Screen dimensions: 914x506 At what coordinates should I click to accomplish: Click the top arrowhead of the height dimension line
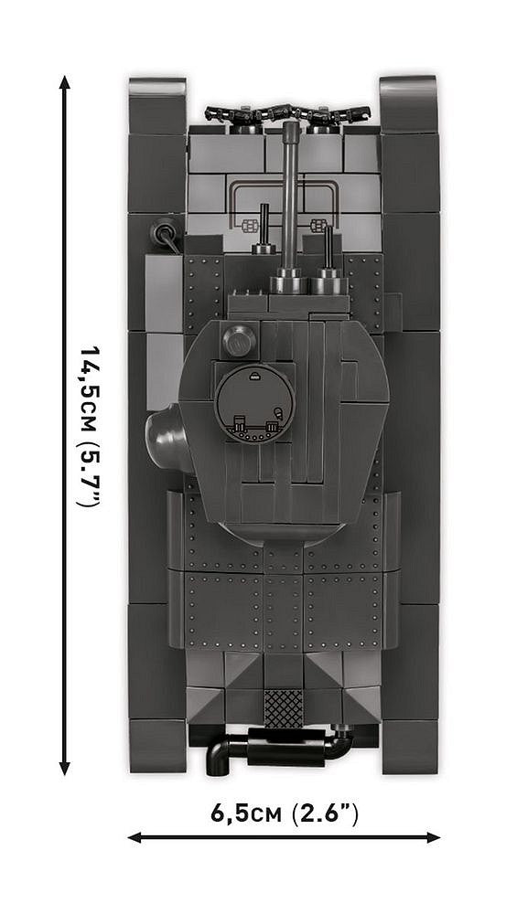65,82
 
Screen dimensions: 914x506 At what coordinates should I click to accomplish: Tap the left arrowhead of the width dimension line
134,836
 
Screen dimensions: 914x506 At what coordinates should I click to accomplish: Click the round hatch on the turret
255,401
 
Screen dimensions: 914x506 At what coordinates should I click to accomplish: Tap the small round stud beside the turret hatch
238,341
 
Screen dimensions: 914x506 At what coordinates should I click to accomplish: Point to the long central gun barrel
290,197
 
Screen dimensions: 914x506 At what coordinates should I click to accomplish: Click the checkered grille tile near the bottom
283,707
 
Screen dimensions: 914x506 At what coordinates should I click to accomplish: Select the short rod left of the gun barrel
264,228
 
